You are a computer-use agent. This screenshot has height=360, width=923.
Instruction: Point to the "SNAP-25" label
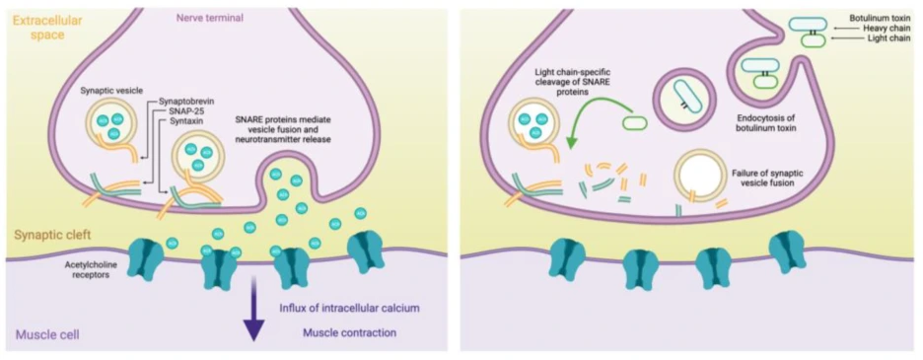pyautogui.click(x=177, y=112)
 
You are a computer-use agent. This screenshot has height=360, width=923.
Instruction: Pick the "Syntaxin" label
pyautogui.click(x=176, y=124)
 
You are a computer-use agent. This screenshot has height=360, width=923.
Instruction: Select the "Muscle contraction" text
pyautogui.click(x=350, y=332)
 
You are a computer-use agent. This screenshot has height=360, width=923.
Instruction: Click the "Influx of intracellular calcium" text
pyautogui.click(x=350, y=308)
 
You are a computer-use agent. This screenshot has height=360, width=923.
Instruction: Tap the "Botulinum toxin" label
pyautogui.click(x=883, y=18)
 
